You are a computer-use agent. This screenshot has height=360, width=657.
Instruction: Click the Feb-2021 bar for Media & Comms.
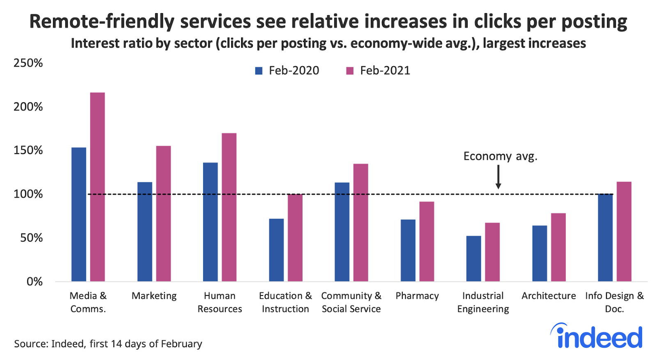click(x=97, y=187)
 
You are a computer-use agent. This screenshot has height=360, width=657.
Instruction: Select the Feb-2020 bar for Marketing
click(x=145, y=232)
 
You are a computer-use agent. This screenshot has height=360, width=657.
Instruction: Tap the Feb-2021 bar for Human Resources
click(x=229, y=207)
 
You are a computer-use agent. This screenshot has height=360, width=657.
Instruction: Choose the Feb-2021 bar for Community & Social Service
click(x=361, y=223)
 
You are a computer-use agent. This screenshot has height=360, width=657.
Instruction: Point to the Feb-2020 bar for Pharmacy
click(x=408, y=250)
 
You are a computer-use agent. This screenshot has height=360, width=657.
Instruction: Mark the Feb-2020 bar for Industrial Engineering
click(x=473, y=258)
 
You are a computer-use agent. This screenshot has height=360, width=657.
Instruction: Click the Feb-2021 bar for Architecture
click(x=558, y=247)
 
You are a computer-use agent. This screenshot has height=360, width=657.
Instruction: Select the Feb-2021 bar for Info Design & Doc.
click(x=624, y=231)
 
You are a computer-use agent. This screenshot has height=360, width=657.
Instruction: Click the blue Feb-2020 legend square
click(x=259, y=71)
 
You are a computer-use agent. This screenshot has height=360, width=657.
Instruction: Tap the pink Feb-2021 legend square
click(x=350, y=71)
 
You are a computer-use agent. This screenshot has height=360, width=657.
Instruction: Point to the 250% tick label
click(x=28, y=63)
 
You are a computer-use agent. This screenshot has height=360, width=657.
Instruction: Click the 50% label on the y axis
click(x=31, y=238)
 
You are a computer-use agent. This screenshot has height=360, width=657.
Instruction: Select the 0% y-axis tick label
click(x=34, y=282)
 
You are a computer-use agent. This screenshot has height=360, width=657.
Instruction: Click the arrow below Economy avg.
click(x=498, y=177)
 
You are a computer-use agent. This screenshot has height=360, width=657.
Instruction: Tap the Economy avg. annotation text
click(x=500, y=156)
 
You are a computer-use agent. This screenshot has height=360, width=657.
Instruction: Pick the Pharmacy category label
click(x=417, y=296)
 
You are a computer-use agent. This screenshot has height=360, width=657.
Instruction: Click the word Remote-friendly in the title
click(x=99, y=21)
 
